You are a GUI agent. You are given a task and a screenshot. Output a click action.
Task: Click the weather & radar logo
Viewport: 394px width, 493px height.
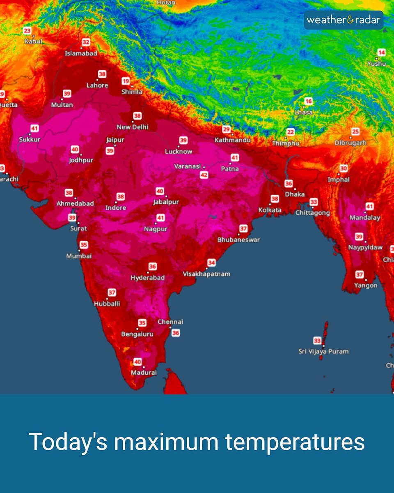pos(343,20)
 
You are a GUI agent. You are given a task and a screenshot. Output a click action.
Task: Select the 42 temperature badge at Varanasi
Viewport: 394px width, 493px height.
pos(204,175)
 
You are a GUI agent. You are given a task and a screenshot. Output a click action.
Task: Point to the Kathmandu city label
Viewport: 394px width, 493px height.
pos(232,140)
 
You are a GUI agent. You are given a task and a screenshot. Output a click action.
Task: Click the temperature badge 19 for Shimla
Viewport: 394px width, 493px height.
pos(125,81)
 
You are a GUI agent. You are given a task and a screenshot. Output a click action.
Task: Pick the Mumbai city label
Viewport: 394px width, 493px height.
pos(79,256)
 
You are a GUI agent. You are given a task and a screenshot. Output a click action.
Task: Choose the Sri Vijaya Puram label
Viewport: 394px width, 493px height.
pos(323,351)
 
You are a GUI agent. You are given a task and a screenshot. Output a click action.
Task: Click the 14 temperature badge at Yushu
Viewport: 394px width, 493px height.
pos(382,53)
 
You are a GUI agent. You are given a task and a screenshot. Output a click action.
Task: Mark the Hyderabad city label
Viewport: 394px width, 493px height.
pos(148,278)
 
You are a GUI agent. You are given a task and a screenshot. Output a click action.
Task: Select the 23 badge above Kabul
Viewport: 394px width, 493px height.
pos(27,31)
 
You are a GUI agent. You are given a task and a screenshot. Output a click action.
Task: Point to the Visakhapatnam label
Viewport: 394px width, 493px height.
pos(206,274)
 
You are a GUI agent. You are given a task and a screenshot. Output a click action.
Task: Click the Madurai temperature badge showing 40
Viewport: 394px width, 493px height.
pos(137,362)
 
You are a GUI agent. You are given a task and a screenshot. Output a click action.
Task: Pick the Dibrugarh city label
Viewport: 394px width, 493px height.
pos(350,143)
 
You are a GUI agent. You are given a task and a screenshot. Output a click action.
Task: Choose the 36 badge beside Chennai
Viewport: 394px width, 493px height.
pos(176,333)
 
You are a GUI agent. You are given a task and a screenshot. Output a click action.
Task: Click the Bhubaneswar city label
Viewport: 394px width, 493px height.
pos(238,240)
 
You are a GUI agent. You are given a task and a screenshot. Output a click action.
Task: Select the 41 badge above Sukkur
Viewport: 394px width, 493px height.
pos(34,129)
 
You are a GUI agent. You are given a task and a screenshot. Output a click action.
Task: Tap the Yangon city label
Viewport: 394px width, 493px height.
pos(366,285)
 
